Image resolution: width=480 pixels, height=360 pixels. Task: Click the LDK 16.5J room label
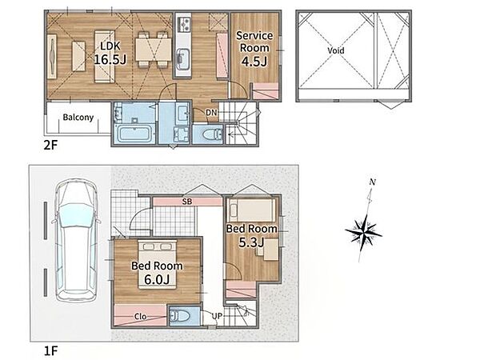coord(110,53)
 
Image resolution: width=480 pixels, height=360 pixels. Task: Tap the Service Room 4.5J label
coord(254,49)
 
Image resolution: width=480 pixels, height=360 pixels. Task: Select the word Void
coord(336,50)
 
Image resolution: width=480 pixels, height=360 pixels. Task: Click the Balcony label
coord(78,118)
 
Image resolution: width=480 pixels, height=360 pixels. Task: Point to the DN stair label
coord(211,113)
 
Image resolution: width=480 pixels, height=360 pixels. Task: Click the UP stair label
coord(217,316)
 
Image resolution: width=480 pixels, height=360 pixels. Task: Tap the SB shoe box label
coord(187,202)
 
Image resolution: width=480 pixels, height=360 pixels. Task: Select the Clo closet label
coord(141,317)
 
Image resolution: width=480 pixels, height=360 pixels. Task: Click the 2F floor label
coord(50,145)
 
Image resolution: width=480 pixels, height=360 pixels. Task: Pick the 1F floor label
coord(50,351)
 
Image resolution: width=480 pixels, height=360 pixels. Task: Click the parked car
coord(77,241)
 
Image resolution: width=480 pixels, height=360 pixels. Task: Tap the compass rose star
coord(363,232)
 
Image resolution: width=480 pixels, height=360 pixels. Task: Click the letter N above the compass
coord(372,182)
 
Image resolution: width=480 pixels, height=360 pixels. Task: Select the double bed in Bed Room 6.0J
coord(158,265)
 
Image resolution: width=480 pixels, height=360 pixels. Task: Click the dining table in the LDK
coord(154,50)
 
